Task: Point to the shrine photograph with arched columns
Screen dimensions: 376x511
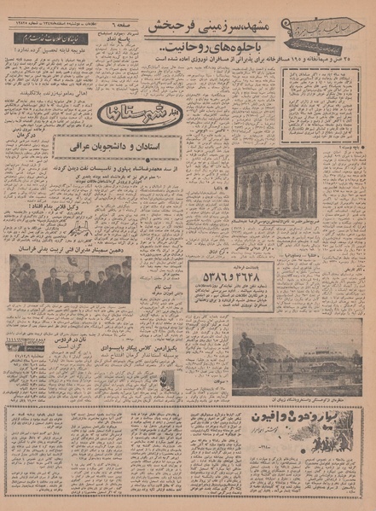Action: coord(275,183)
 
